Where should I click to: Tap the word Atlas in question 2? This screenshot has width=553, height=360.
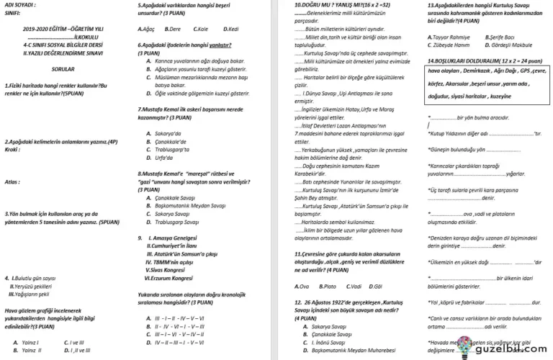tap(11, 182)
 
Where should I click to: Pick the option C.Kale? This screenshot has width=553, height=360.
tap(202, 28)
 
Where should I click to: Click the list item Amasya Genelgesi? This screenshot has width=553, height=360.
tap(174, 238)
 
